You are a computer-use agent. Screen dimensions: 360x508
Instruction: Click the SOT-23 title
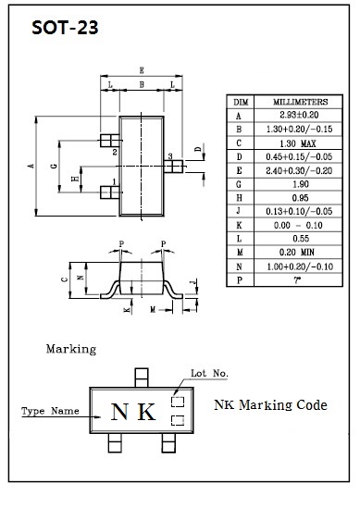click(x=65, y=28)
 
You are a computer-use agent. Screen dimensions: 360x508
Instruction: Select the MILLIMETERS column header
click(x=301, y=102)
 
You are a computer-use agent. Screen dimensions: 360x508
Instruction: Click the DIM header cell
click(x=241, y=103)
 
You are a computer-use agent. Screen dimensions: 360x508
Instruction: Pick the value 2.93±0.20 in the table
click(x=299, y=115)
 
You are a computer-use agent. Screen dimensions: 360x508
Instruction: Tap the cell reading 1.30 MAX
click(x=298, y=143)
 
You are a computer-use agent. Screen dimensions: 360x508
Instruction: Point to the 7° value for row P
click(x=297, y=280)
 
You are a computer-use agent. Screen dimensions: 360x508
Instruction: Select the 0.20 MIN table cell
click(x=297, y=252)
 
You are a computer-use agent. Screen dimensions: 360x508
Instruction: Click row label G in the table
click(x=239, y=184)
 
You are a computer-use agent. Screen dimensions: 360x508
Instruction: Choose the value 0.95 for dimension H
click(x=301, y=198)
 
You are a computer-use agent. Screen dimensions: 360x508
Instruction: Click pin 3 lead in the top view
click(x=173, y=167)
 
